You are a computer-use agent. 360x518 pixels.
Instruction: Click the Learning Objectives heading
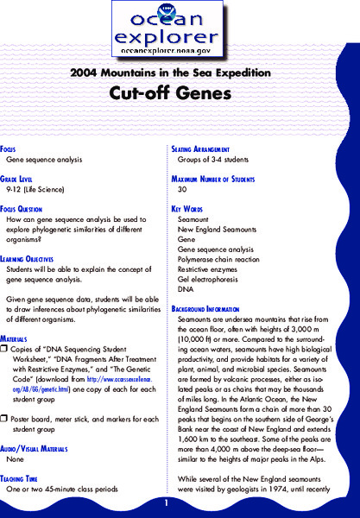click(35, 259)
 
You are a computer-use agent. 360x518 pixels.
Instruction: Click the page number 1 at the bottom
click(180, 501)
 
